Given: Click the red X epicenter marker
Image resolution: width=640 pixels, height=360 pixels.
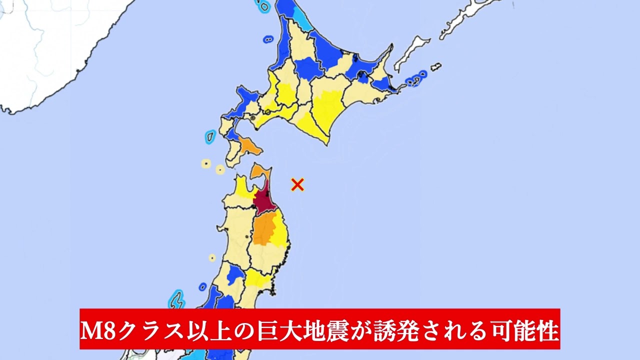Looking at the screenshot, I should tap(297, 185).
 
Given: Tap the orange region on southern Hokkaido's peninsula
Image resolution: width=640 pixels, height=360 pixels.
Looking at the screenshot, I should tap(247, 145).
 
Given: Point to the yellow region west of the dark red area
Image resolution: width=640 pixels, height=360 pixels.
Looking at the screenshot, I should tap(242, 189).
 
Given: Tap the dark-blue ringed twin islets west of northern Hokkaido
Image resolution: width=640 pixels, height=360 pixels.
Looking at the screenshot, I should tap(268, 38).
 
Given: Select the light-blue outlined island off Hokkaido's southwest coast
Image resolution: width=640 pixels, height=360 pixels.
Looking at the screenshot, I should tap(210, 136).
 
